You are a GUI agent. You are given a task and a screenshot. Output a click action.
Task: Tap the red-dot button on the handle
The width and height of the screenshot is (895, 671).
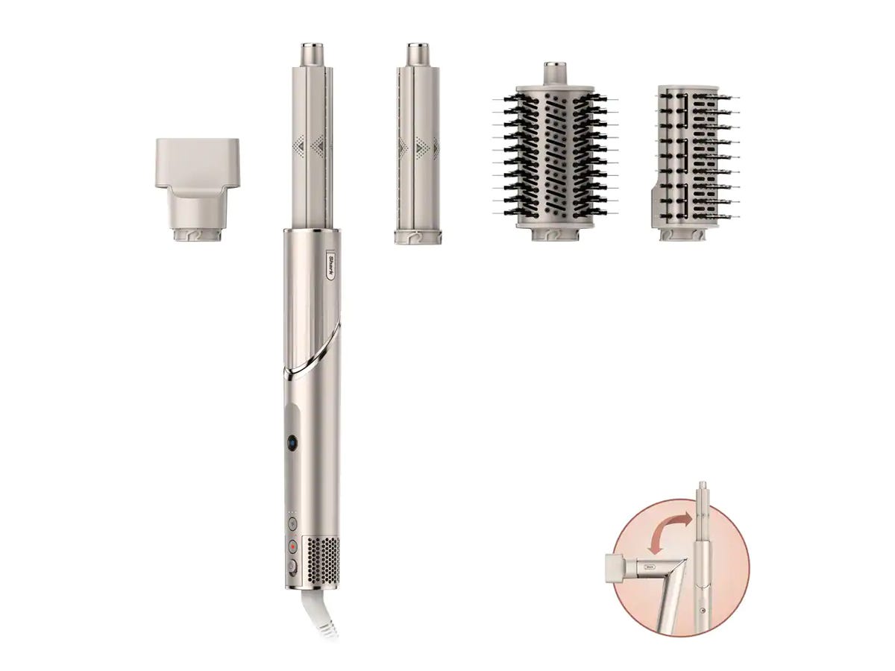pos(292,545)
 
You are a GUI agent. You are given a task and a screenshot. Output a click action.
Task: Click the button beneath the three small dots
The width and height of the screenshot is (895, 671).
pos(292,524)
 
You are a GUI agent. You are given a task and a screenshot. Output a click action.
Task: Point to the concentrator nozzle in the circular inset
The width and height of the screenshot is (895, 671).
pos(622,567)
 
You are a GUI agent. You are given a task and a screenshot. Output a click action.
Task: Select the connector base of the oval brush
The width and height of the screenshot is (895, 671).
pos(553,234)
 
